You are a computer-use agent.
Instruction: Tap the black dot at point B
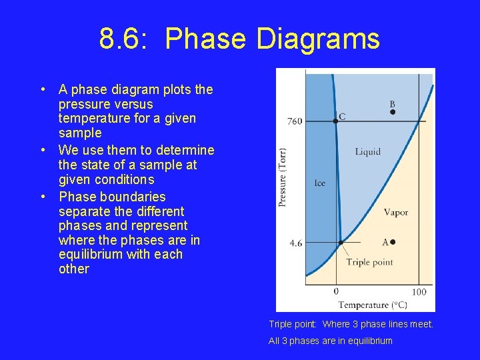tap(393, 113)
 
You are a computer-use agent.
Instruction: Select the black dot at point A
tap(393, 242)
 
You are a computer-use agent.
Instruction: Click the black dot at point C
tap(336, 121)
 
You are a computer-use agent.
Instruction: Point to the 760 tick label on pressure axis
tap(294, 121)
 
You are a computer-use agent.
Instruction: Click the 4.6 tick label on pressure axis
tap(295, 243)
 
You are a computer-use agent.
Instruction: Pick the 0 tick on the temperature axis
tap(336, 291)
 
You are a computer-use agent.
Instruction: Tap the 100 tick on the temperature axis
tap(419, 292)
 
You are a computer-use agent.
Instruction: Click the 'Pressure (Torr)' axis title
tap(283, 177)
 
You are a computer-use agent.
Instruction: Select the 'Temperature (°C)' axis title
tap(372, 305)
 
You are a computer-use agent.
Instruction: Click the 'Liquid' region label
tap(367, 151)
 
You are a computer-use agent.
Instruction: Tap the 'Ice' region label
tap(319, 183)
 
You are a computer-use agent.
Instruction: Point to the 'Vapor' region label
tap(395, 213)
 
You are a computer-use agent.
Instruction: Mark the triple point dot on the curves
tap(340, 243)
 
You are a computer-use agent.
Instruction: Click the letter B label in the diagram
tap(392, 104)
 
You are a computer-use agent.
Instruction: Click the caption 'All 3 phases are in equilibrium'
tap(331, 341)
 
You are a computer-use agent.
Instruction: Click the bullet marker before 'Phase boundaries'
tap(42, 197)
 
